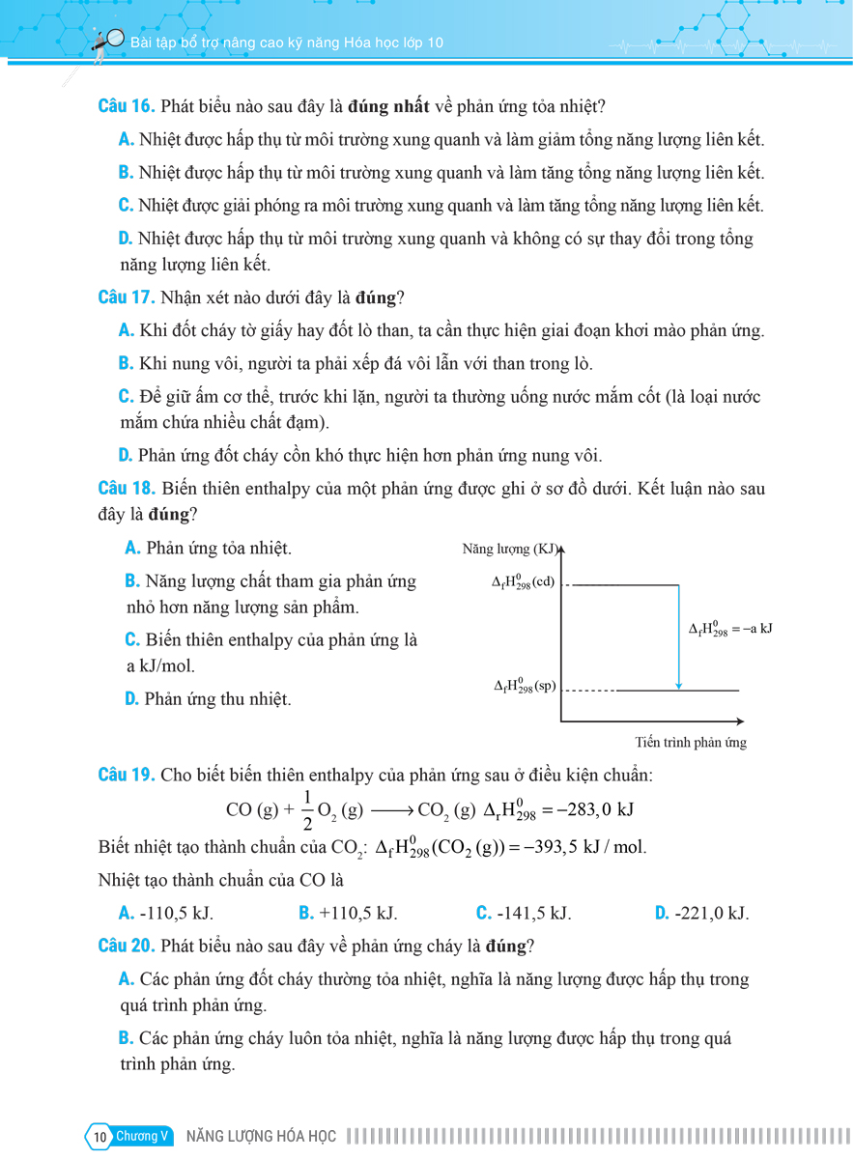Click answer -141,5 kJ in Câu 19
point(525,913)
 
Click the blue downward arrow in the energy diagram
point(679,637)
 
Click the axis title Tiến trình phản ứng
point(691,743)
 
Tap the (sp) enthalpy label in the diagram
point(525,687)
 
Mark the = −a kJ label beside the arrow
point(730,629)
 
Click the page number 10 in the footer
point(100,1137)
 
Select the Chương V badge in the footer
point(143,1136)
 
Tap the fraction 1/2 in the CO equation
point(307,810)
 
